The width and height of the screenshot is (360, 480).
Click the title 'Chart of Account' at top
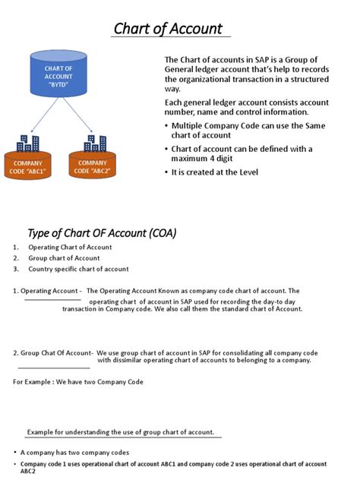click(x=168, y=29)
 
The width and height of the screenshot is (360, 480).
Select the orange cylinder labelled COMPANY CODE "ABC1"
click(x=29, y=168)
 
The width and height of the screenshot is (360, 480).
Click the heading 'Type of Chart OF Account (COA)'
click(x=102, y=234)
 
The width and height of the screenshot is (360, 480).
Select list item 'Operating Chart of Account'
click(x=70, y=248)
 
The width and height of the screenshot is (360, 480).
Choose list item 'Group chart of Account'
click(x=64, y=258)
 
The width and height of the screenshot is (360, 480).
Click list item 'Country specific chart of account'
click(x=78, y=269)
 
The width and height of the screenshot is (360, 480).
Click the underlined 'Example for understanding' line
click(x=121, y=432)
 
